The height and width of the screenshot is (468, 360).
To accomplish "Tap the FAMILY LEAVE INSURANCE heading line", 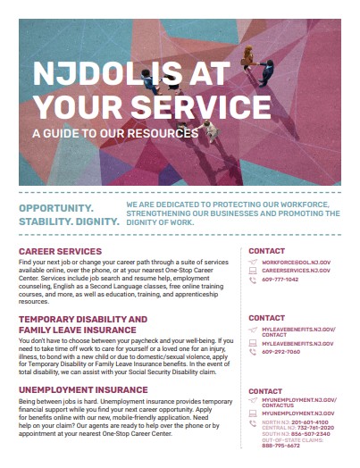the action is pos(77,328).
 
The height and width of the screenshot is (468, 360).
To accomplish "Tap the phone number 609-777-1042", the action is pos(280,280).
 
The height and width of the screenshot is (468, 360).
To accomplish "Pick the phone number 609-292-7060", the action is pos(280,351).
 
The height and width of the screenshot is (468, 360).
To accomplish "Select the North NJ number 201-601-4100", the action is pos(309,422).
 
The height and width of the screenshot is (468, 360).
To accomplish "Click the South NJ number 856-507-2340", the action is pos(311,435).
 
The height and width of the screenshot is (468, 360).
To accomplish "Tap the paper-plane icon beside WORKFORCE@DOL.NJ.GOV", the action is pos(252,261).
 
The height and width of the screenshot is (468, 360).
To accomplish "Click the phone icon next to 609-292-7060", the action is pos(252,351).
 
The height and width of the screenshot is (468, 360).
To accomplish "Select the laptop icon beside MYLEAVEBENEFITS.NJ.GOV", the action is pos(252,341).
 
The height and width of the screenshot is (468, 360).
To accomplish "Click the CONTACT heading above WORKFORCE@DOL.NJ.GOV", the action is pos(266,250).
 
